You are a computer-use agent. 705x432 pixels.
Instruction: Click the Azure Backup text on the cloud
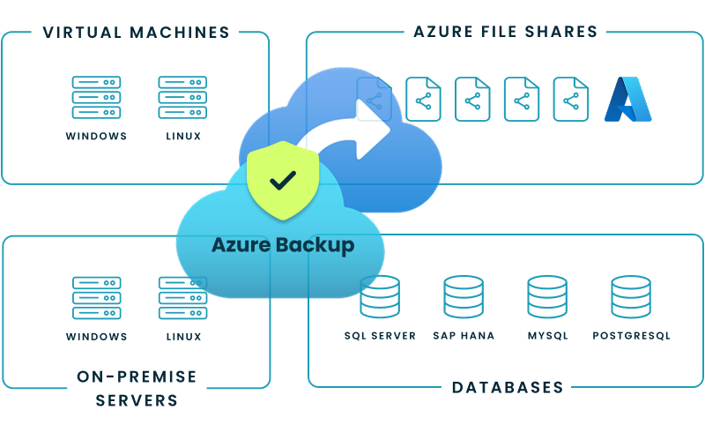pos(283,246)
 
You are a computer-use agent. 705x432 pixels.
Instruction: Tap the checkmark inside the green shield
pos(283,180)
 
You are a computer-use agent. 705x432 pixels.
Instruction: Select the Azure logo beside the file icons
pos(627,99)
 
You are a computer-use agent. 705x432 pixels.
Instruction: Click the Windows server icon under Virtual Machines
pos(96,97)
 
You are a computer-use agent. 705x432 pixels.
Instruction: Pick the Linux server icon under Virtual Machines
pos(182,97)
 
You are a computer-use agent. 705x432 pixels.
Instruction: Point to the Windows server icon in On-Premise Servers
pos(97,298)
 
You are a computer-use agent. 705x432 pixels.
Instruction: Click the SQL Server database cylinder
pos(380,297)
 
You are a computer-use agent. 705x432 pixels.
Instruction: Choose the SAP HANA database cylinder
pos(464,297)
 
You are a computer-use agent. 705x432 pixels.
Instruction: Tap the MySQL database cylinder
pos(547,297)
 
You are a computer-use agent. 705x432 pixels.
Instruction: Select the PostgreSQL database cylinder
pos(631,297)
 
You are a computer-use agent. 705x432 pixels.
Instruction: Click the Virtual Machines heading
pos(137,33)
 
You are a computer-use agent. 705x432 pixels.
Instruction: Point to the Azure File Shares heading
pos(505,32)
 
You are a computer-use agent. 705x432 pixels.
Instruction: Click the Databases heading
pos(508,387)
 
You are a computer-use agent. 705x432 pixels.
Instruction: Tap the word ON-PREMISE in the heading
pos(137,376)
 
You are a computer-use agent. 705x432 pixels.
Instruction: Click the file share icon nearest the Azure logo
pos(570,99)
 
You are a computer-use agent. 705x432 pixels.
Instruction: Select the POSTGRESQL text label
pos(631,336)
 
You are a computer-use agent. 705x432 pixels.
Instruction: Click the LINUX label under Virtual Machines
pos(183,136)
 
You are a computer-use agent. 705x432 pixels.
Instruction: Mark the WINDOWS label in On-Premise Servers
pos(97,337)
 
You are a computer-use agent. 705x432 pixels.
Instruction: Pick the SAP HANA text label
pos(464,336)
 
